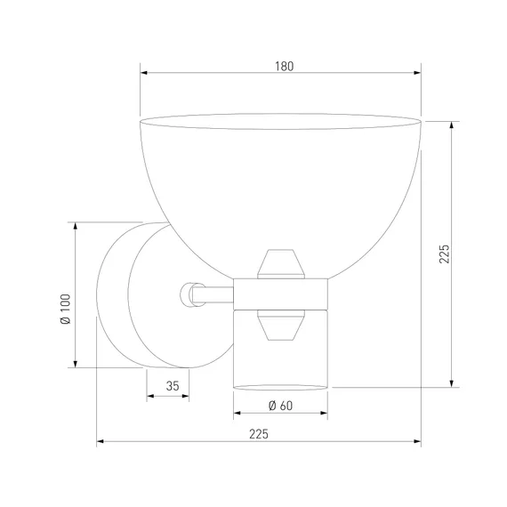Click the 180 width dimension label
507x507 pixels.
(x=285, y=67)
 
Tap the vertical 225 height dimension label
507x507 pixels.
(x=444, y=253)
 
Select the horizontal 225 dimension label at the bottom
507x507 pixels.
(x=259, y=434)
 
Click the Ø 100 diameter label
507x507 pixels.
(x=65, y=309)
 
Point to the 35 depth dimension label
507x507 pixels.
(x=173, y=386)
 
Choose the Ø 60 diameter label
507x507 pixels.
(x=280, y=406)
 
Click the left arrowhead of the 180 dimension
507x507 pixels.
(x=144, y=73)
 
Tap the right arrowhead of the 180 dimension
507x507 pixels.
(x=417, y=73)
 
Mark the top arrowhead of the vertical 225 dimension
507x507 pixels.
(x=452, y=125)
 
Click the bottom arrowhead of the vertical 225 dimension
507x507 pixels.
(x=452, y=383)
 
